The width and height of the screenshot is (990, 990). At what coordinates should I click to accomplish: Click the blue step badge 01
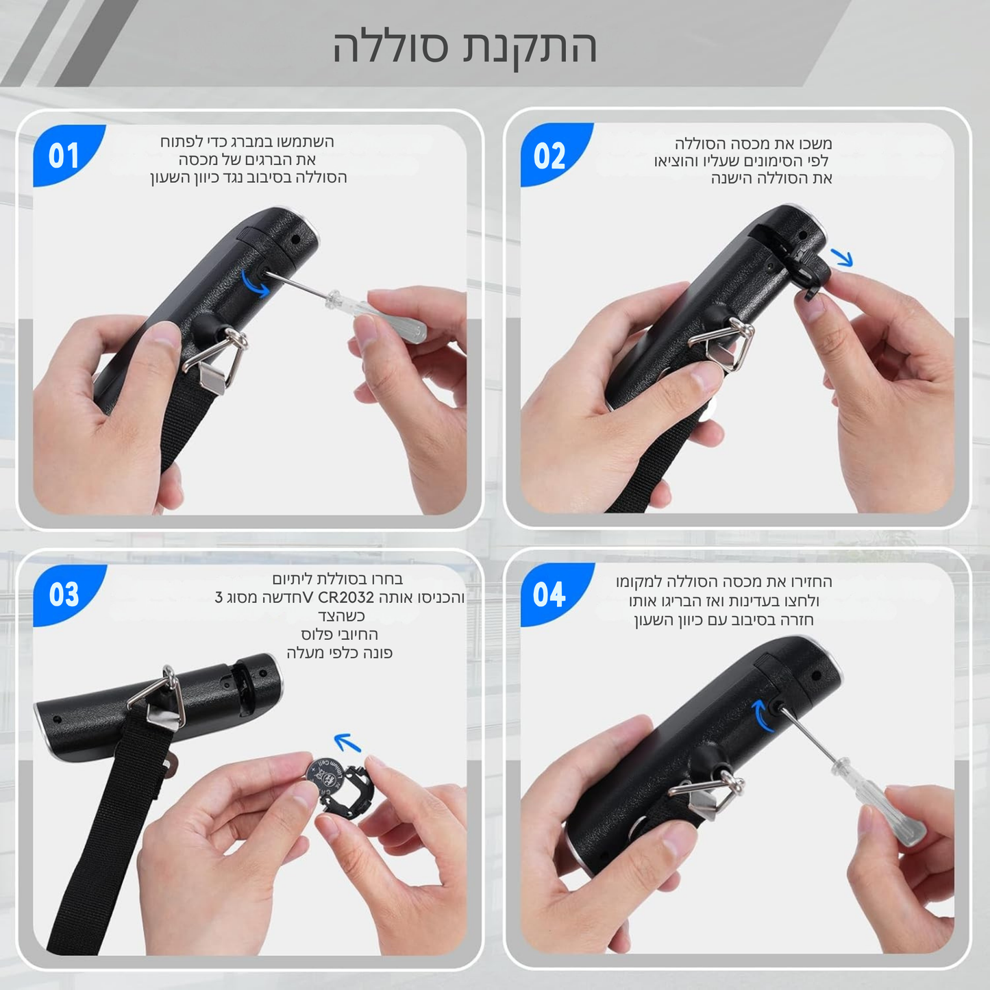64,154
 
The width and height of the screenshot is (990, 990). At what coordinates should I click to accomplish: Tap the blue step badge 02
549,154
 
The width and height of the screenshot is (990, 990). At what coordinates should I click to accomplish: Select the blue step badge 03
64,595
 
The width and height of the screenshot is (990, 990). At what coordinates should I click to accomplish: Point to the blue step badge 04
549,595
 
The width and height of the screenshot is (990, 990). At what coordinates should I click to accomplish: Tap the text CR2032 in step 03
346,597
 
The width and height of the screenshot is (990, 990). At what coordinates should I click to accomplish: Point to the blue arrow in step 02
841,257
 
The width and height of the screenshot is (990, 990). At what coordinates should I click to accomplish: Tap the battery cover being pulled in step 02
804,272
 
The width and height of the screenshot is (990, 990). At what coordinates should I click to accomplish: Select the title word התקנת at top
530,47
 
